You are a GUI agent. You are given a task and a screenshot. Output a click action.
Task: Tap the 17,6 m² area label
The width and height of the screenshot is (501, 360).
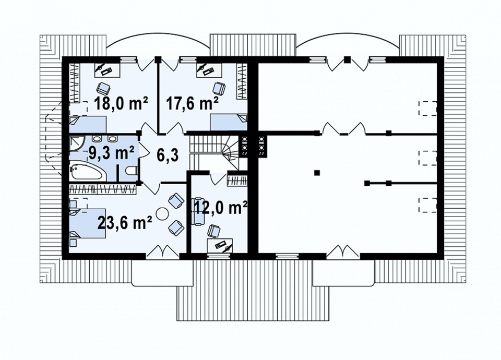coord(193,103)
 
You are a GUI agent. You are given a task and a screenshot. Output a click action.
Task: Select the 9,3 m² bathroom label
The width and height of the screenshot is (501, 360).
coord(111,153)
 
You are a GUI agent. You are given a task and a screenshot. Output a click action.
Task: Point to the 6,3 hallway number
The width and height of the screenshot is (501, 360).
coord(168,155)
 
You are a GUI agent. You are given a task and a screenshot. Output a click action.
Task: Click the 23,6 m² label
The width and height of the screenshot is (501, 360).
coord(125,223)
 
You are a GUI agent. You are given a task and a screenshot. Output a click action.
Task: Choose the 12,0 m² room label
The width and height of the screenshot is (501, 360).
coord(221,208)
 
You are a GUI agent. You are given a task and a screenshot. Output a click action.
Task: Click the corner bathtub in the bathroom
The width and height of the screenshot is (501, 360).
coord(87,172)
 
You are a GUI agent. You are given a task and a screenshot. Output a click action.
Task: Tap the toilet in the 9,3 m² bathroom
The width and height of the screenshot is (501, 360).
coord(132,172)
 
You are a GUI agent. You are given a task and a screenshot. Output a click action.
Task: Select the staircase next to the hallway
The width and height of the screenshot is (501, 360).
coord(214,151)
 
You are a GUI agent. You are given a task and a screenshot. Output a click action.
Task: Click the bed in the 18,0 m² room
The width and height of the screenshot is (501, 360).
coord(88,124)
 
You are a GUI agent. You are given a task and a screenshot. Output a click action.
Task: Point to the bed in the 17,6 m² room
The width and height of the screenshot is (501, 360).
coord(229,122)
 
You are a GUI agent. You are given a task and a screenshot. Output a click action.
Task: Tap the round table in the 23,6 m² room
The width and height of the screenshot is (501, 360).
coord(162,213)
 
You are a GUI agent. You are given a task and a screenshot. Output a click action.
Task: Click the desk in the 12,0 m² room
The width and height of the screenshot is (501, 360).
coord(220,245)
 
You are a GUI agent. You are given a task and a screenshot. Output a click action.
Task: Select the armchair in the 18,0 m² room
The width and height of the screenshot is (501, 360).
coord(103,87)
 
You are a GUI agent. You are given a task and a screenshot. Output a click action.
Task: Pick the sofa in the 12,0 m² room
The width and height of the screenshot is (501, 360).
coord(198,211)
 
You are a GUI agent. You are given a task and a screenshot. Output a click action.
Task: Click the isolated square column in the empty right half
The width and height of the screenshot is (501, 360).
coord(317,173)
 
